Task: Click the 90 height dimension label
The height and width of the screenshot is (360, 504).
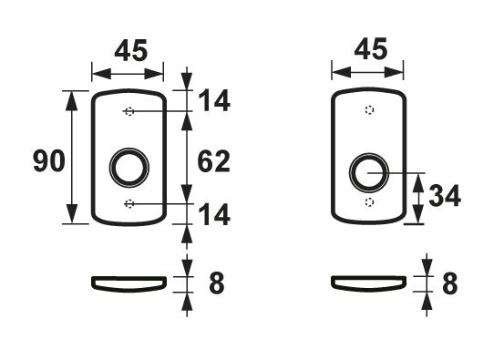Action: (49, 160)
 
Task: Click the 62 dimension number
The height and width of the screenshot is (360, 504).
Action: (214, 161)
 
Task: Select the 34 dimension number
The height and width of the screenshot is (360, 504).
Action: (445, 195)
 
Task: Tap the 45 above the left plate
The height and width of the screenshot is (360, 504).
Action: (131, 50)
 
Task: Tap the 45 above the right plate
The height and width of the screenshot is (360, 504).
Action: (371, 49)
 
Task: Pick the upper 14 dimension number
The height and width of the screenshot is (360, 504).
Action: (214, 100)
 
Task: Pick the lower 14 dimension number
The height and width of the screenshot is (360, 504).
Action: (214, 215)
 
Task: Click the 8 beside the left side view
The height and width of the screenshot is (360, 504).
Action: (217, 283)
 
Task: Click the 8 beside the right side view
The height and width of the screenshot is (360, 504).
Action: (450, 283)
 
